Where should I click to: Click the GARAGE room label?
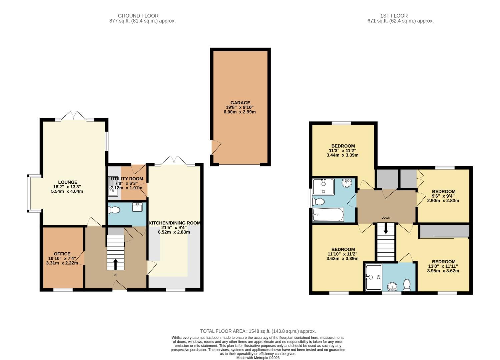[x=240, y=103]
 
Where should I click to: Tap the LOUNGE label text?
[x=68, y=182]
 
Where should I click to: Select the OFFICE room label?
[x=62, y=254]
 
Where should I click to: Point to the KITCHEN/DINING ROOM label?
[x=174, y=223]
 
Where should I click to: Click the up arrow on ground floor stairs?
[x=115, y=264]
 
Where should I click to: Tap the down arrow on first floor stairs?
[x=386, y=229]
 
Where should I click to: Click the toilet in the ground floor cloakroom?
[x=114, y=210]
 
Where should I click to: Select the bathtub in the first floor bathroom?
[x=328, y=215]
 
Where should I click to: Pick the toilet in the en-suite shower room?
[x=407, y=285]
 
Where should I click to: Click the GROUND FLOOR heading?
[x=138, y=16]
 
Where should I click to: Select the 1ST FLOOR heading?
[x=394, y=16]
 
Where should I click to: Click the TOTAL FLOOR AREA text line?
[x=258, y=331]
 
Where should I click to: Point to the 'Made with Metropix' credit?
[x=258, y=358]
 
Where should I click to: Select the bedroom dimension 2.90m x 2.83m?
[x=443, y=201]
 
